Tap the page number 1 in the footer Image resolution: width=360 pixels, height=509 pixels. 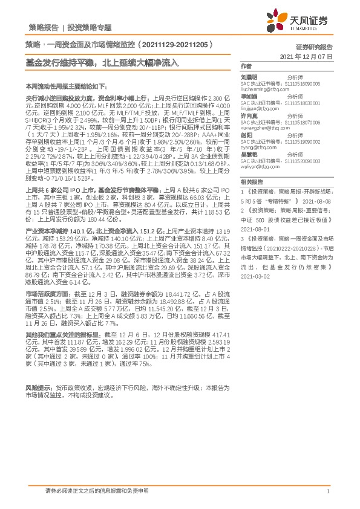327,491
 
